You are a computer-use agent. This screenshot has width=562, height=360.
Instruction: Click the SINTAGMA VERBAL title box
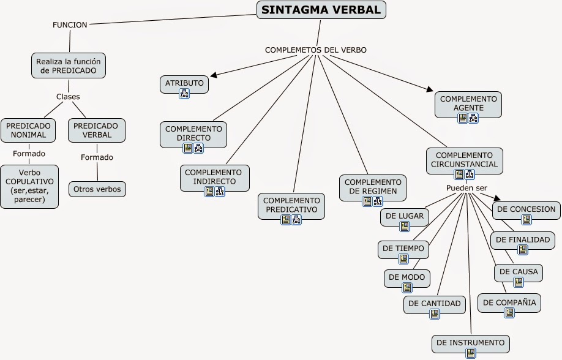[321, 9]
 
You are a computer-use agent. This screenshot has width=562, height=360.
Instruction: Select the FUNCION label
[70, 24]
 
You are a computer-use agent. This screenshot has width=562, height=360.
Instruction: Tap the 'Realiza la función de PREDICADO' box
[69, 66]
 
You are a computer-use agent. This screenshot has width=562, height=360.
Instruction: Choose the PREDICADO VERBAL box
[97, 130]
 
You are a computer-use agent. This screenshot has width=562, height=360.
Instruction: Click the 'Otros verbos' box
[97, 189]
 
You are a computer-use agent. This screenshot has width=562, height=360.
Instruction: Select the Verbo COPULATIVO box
[29, 186]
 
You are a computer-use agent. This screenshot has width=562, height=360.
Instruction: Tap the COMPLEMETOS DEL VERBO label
[316, 50]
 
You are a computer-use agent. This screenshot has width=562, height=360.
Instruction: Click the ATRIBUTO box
[184, 83]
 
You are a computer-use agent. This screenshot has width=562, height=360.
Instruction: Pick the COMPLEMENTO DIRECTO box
[193, 133]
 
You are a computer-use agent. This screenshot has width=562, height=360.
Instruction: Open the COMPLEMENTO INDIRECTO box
[214, 177]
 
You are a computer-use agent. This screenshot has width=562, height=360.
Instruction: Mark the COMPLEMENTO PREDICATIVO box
[292, 205]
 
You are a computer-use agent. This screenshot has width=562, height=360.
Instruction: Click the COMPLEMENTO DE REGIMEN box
[373, 186]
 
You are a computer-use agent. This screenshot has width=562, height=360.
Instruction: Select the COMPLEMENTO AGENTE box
[468, 103]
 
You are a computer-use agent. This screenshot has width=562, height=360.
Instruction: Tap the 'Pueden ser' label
[466, 187]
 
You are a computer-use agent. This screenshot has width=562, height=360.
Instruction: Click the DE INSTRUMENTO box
[471, 343]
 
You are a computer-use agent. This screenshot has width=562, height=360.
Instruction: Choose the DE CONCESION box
[526, 209]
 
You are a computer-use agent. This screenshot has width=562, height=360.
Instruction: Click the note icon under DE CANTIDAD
[435, 314]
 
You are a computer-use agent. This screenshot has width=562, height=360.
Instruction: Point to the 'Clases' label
[68, 97]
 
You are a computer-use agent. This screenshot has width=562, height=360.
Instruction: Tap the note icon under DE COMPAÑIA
[509, 313]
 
